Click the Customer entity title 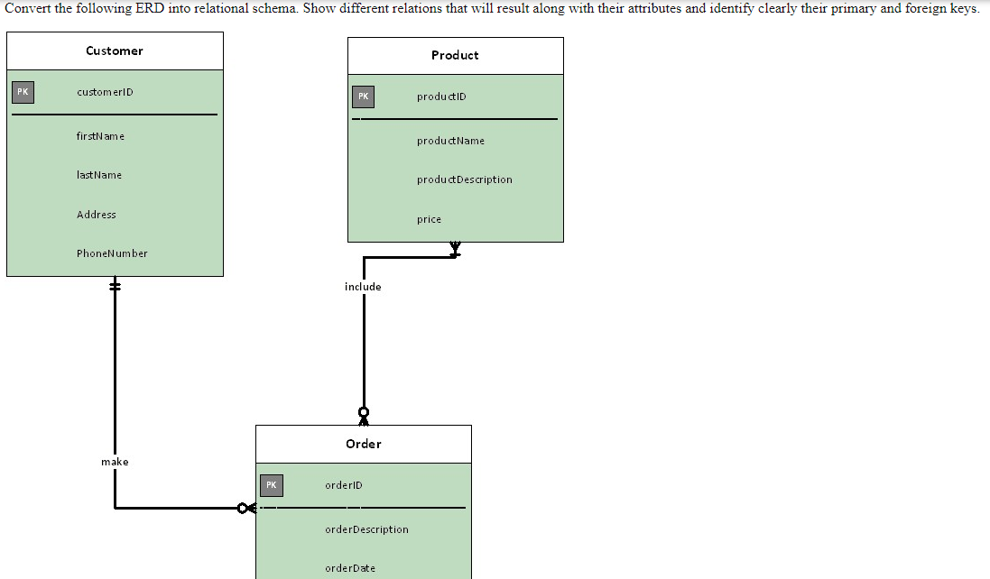pos(114,51)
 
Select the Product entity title pos(455,55)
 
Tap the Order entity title pos(363,444)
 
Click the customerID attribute pos(105,92)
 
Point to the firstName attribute pos(100,136)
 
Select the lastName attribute pos(99,175)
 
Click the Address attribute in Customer pos(97,215)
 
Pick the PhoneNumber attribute pos(112,253)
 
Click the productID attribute pos(441,96)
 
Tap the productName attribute pos(450,141)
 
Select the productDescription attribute pos(464,179)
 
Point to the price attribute pos(429,219)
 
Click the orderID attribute pos(343,485)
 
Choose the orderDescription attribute pos(366,529)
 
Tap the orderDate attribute pos(350,568)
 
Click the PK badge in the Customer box pos(23,92)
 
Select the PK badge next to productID pos(363,96)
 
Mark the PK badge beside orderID pos(271,485)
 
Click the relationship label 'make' pos(115,462)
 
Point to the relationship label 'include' pos(363,287)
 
